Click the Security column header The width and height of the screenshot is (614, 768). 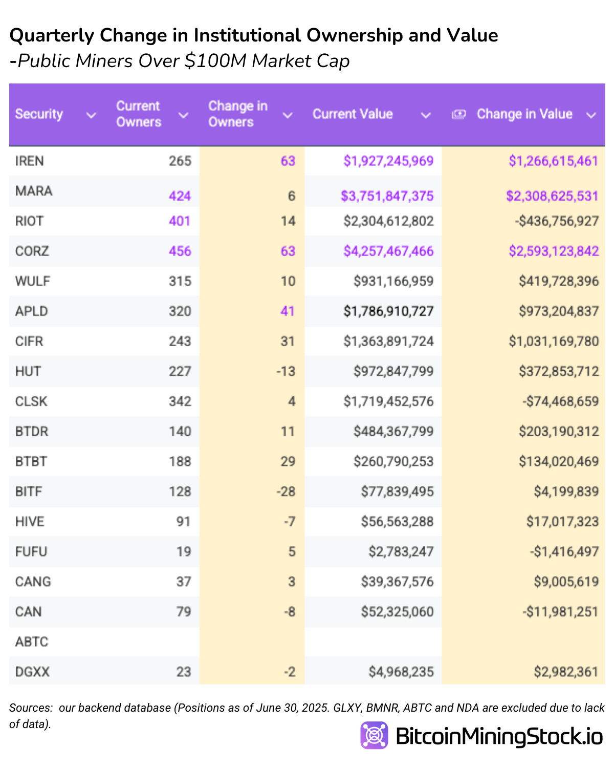point(39,114)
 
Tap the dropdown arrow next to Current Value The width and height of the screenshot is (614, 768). point(425,115)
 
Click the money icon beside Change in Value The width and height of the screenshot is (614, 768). point(458,114)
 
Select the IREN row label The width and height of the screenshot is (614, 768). point(29,161)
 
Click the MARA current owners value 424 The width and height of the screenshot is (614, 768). point(180,196)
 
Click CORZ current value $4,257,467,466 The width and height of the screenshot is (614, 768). point(388,251)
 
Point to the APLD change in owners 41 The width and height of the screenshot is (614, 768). point(288,311)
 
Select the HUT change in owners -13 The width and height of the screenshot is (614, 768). point(286,371)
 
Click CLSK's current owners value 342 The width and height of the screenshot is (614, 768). point(180,401)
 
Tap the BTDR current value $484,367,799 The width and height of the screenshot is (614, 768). point(393,431)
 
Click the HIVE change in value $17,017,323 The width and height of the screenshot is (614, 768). point(562,521)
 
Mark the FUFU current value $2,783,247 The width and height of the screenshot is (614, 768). point(401,551)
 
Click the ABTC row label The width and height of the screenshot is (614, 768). point(31,642)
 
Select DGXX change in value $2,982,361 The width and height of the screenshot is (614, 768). point(565,672)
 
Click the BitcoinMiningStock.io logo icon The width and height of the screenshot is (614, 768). point(374,735)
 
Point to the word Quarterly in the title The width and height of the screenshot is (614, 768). point(52,35)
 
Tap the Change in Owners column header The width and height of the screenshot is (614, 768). point(237,114)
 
